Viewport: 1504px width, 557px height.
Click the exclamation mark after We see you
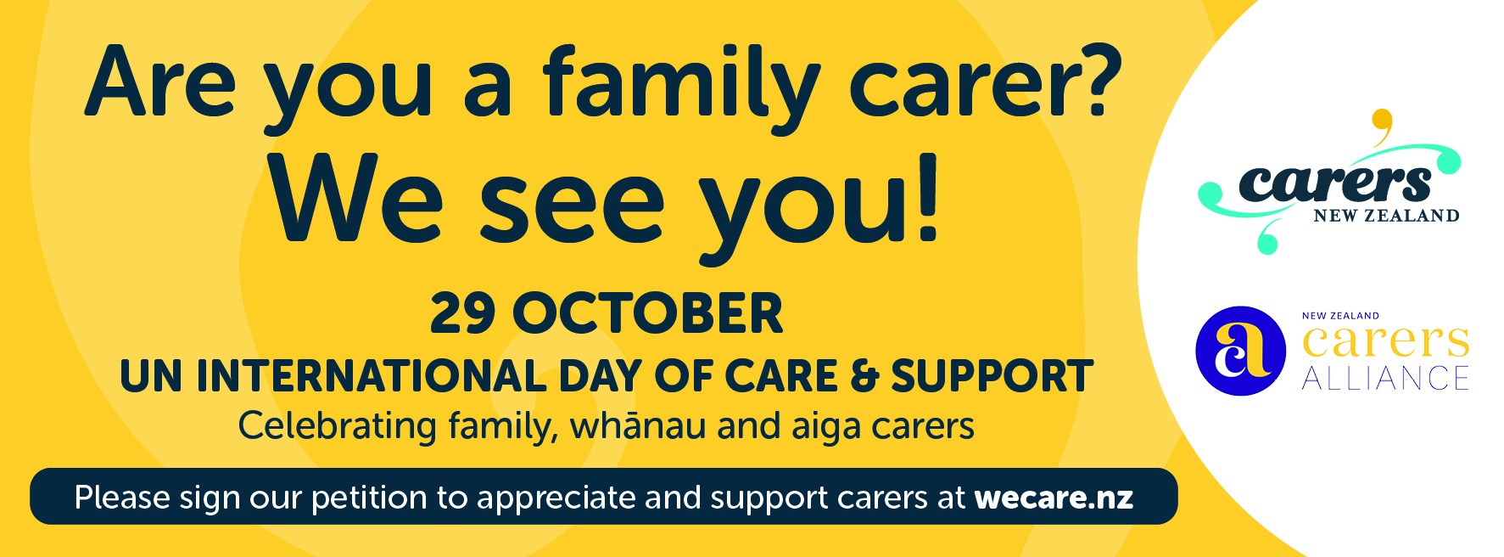(927, 199)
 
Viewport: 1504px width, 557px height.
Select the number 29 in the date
(462, 313)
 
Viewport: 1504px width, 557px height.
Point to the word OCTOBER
(648, 313)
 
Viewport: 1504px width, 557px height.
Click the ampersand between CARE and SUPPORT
(864, 376)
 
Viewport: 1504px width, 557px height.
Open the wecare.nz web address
(1054, 498)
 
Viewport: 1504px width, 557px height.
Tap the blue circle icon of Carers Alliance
(1240, 351)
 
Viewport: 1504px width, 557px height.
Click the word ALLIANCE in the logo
(1385, 378)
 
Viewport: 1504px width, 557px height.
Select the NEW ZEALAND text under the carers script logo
(1386, 216)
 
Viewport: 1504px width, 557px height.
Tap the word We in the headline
(356, 200)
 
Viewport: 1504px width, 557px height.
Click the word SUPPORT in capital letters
(992, 376)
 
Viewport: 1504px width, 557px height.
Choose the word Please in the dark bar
(122, 498)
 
